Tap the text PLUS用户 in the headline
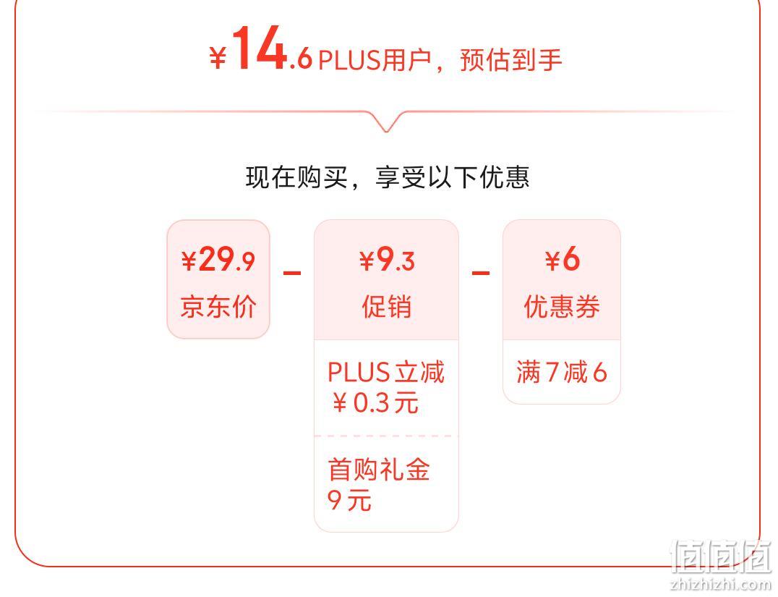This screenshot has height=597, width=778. click(375, 60)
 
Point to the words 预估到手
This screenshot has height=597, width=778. click(511, 60)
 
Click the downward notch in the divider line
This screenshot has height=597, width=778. click(387, 124)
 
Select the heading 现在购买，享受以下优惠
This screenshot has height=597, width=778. click(388, 177)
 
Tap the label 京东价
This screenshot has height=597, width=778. click(218, 306)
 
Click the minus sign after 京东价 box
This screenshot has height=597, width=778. click(292, 273)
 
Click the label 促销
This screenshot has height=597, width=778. click(387, 306)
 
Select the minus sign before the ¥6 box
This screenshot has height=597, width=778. click(480, 273)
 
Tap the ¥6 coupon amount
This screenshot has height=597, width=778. click(562, 259)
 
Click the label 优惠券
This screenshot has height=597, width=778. click(562, 306)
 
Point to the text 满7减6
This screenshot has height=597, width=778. click(562, 372)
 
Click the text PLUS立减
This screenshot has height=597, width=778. click(386, 372)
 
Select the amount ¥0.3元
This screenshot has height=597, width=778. click(375, 403)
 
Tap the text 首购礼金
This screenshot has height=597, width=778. click(379, 470)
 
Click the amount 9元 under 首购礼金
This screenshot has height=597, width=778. click(349, 499)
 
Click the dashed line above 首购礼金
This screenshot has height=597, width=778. click(386, 436)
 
